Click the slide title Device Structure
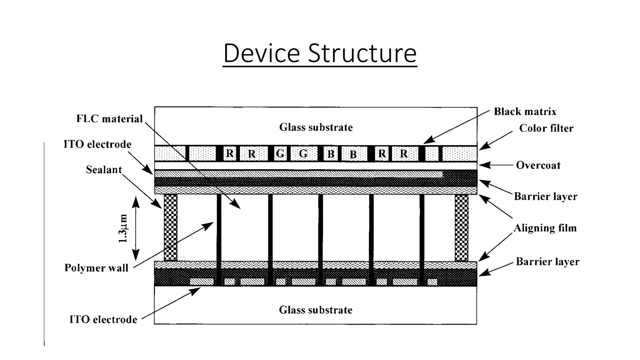[320, 53]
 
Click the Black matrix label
[525, 112]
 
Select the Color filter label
[546, 128]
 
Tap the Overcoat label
[538, 165]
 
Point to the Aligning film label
[545, 228]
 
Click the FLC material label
[109, 119]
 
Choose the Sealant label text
[104, 170]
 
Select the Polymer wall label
[96, 268]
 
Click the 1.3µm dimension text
[123, 228]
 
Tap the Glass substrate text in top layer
[316, 127]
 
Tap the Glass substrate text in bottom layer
[316, 310]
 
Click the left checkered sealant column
[170, 227]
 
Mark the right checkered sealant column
[462, 227]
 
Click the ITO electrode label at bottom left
[103, 319]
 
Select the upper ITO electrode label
[97, 144]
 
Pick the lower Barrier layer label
[547, 261]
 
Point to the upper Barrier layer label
[546, 196]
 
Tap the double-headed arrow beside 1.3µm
[136, 228]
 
